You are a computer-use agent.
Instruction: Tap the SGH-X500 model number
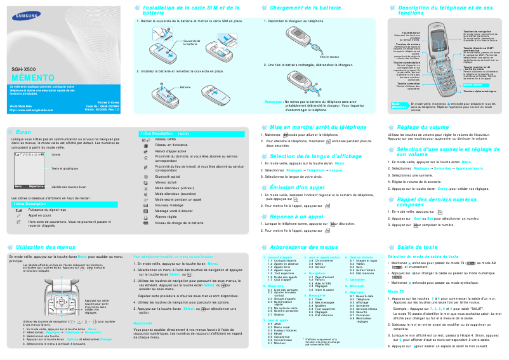pyautogui.click(x=23, y=69)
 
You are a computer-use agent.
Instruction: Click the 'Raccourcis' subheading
pyautogui.click(x=144, y=305)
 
